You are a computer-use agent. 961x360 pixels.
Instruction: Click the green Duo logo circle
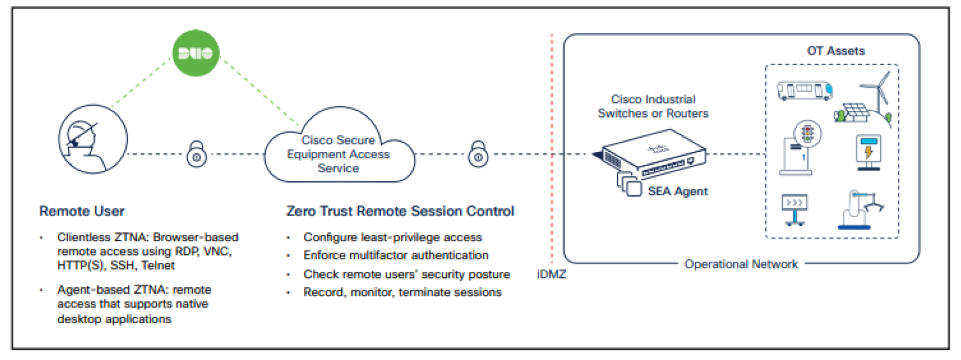[x=196, y=53]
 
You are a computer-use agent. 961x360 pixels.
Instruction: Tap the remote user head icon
[x=93, y=139]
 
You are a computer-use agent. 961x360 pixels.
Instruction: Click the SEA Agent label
[x=677, y=192]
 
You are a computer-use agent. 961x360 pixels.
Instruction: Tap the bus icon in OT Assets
[x=804, y=90]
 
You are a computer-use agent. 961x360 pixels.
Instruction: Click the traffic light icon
[x=807, y=133]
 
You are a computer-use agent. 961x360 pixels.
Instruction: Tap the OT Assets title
[x=835, y=51]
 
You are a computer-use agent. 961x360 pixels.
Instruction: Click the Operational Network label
[x=741, y=264]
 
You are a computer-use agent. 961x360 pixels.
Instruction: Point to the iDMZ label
[x=551, y=274]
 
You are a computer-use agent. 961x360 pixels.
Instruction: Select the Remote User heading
[x=82, y=211]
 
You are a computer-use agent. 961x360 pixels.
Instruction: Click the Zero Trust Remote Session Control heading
[x=400, y=211]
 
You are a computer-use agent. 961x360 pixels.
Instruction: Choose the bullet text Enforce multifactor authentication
[x=396, y=256]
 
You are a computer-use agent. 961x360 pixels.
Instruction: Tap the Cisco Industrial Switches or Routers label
[x=653, y=106]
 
